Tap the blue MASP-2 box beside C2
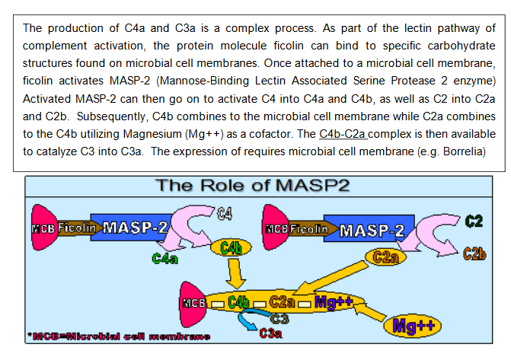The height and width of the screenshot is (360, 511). point(367,229)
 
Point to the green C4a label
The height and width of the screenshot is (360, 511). point(165,259)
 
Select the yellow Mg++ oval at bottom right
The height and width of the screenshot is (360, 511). point(409,326)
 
